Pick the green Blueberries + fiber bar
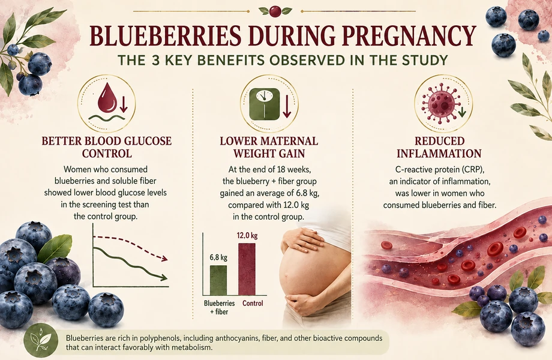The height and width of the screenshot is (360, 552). click(218, 280)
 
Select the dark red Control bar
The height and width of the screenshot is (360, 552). click(247, 269)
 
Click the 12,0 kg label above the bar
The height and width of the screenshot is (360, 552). click(247, 235)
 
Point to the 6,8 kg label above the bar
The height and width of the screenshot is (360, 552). click(218, 257)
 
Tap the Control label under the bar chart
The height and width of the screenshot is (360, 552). click(253, 303)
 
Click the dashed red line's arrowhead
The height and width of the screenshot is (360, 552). click(164, 259)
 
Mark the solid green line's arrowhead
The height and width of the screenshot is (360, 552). click(163, 278)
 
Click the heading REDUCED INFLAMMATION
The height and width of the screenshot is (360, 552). click(439, 148)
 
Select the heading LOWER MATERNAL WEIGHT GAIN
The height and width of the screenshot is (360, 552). click(269, 148)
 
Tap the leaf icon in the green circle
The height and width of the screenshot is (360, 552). click(40, 340)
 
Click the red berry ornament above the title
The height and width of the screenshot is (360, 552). click(275, 11)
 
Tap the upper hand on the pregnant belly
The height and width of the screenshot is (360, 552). click(302, 239)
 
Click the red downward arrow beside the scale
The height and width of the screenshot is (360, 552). click(287, 104)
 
